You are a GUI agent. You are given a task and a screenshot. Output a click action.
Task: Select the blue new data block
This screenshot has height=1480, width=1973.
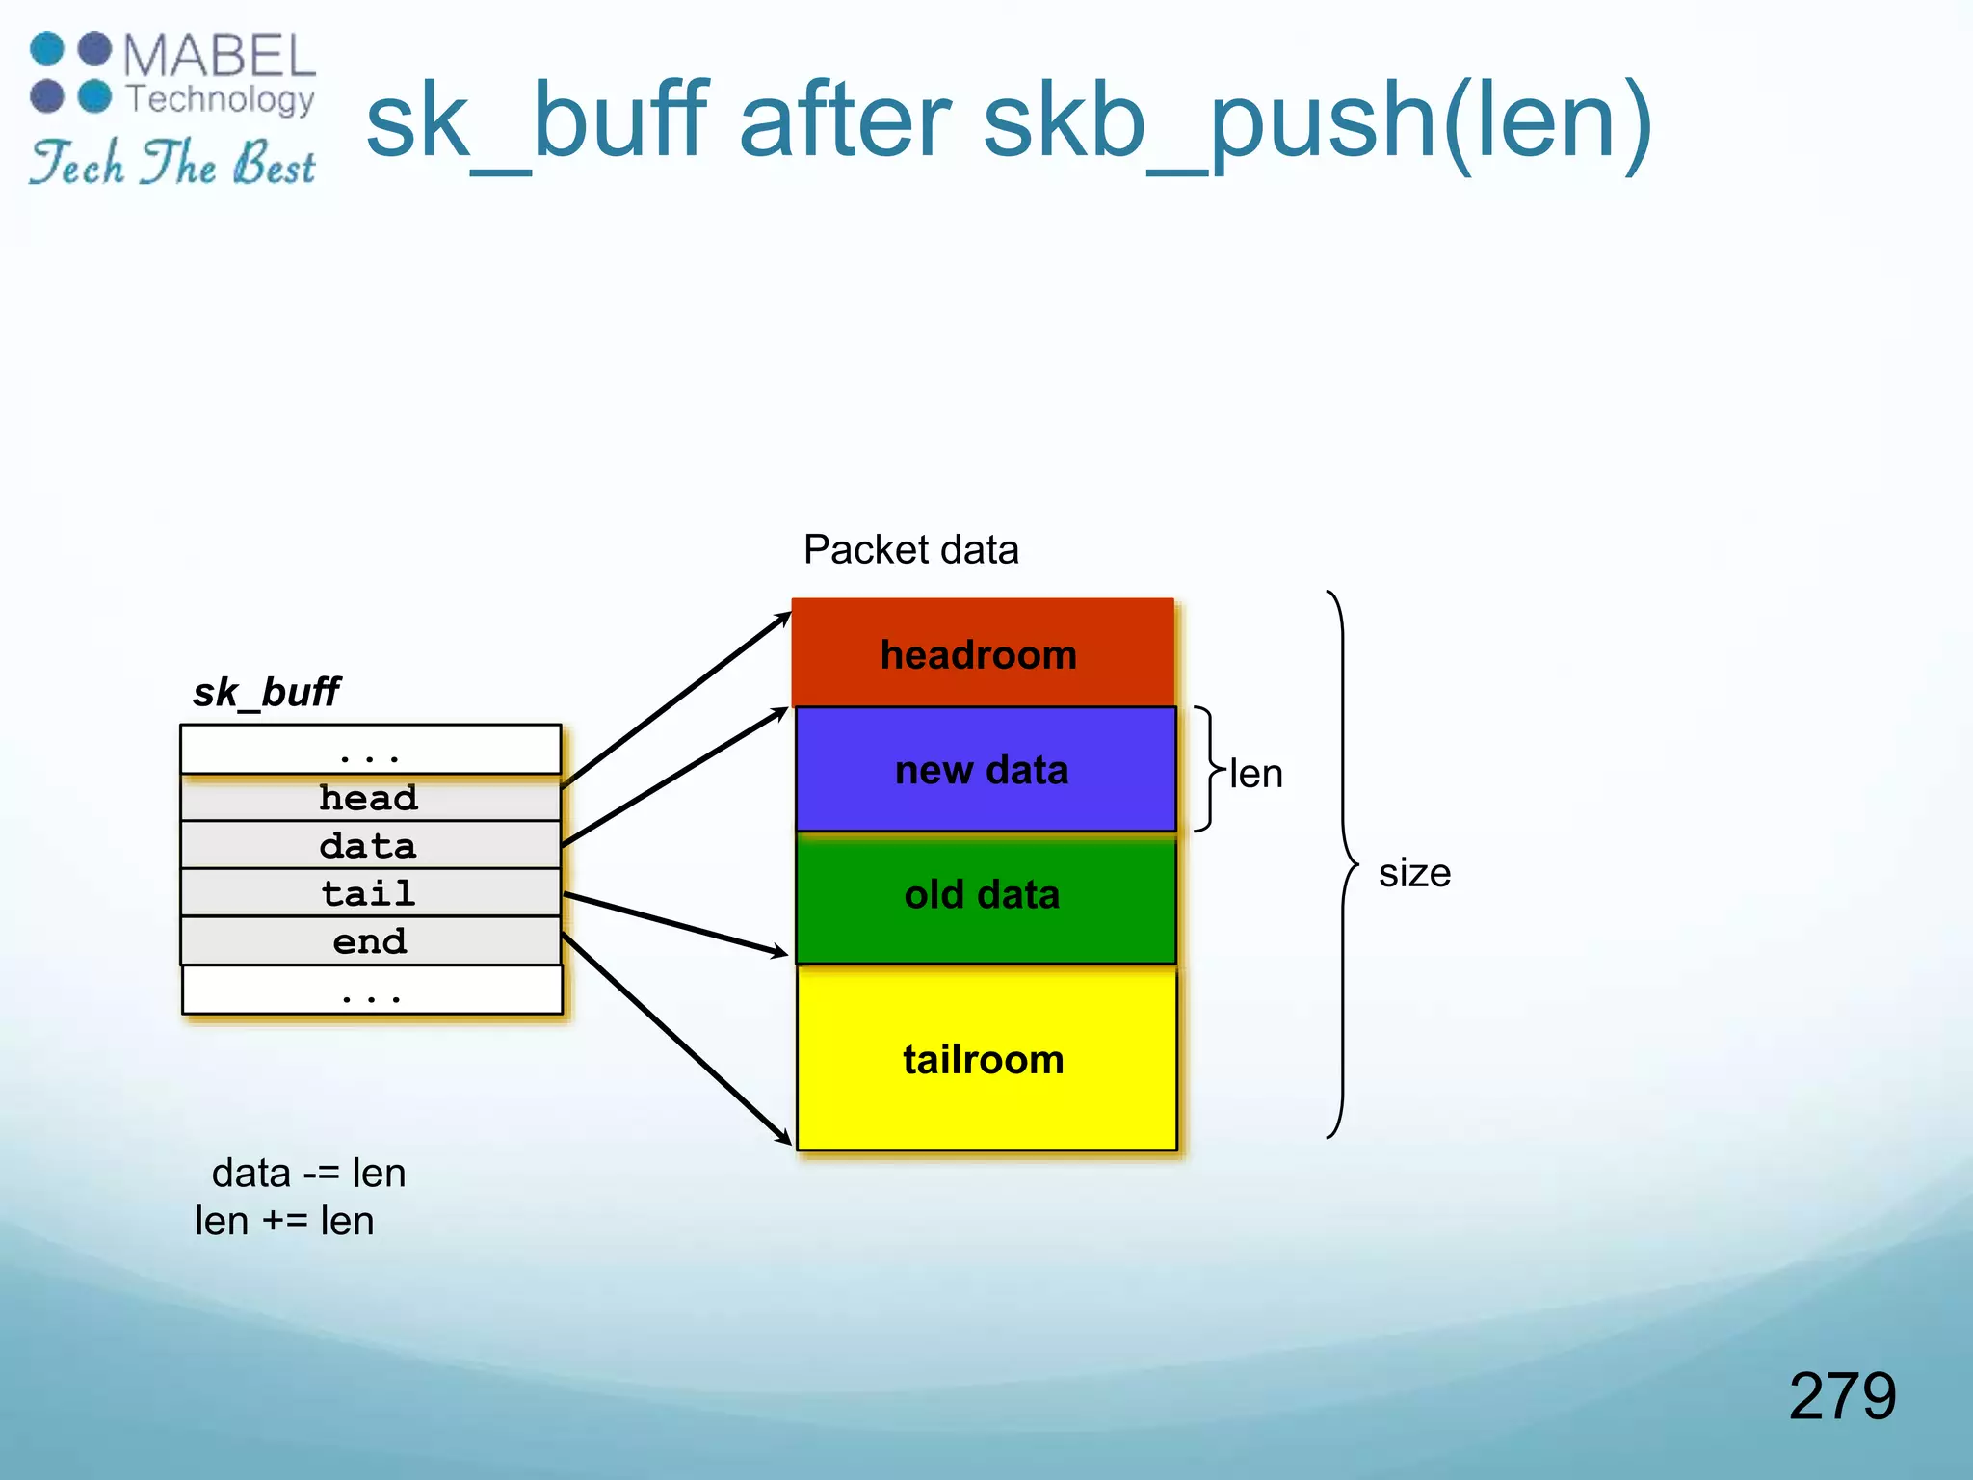point(985,770)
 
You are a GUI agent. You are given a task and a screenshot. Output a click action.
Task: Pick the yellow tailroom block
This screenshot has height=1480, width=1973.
point(985,1060)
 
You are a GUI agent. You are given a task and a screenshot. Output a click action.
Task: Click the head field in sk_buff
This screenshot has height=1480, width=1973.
point(370,798)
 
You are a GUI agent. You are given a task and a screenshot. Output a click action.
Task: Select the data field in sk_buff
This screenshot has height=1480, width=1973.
point(370,846)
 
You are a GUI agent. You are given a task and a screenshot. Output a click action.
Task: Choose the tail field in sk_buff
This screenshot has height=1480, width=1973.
point(370,893)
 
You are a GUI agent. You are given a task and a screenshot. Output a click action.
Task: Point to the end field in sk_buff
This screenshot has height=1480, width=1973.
point(370,941)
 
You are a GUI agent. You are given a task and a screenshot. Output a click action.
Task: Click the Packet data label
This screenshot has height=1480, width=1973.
point(910,550)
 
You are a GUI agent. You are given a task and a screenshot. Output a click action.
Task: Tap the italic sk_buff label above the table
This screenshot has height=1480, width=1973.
point(266,693)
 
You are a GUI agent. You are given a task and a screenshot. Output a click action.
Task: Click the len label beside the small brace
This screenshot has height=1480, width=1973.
point(1256,775)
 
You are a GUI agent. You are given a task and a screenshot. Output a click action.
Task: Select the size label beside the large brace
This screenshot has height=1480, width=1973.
point(1414,873)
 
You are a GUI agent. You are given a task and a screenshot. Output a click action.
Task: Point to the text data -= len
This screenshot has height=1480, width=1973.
point(308,1174)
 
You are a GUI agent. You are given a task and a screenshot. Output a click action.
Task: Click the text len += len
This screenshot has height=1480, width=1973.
point(284,1222)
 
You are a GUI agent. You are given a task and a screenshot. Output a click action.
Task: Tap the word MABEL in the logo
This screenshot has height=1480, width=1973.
point(220,56)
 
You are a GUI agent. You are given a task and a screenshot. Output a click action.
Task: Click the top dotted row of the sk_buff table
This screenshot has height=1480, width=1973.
point(370,750)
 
